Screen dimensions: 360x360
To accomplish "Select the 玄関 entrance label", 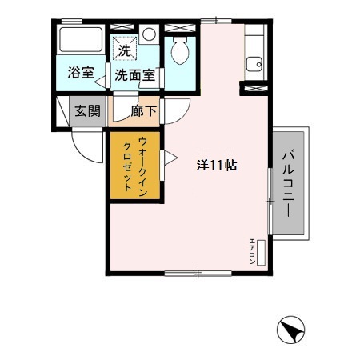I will pyautogui.click(x=88, y=111).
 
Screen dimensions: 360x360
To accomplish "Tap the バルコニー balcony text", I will pyautogui.click(x=287, y=183).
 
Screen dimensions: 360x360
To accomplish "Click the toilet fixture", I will pyautogui.click(x=179, y=54).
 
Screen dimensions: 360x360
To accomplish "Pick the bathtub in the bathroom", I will pyautogui.click(x=81, y=45).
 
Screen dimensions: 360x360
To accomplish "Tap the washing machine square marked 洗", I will pyautogui.click(x=124, y=50).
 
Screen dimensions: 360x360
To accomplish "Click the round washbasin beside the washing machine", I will pyautogui.click(x=149, y=34).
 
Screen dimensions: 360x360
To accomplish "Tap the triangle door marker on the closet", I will pyautogui.click(x=168, y=157).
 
